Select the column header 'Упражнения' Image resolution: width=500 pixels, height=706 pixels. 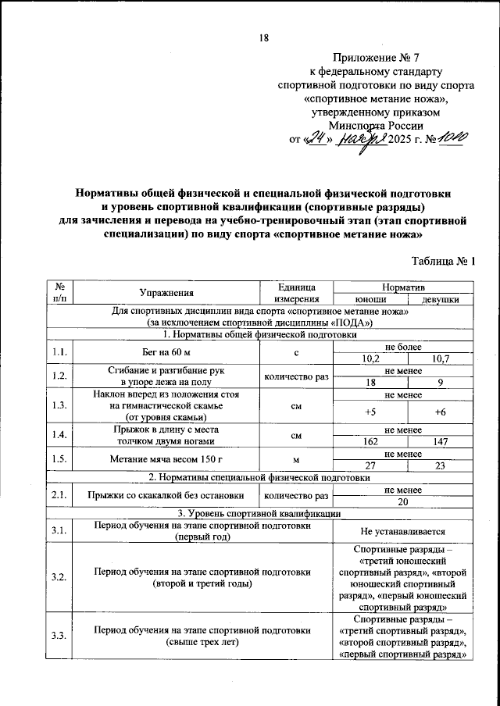[166, 293]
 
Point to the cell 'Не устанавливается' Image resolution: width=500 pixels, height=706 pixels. [404, 532]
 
